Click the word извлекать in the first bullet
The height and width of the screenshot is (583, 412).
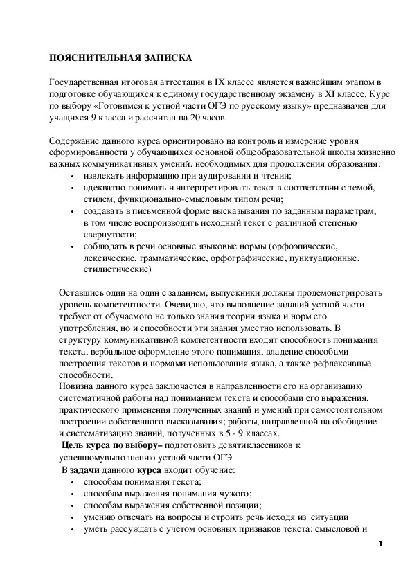(x=102, y=177)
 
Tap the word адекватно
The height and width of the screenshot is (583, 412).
(x=105, y=188)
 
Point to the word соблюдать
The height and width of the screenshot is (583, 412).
(x=105, y=246)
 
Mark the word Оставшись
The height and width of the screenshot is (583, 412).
(x=81, y=292)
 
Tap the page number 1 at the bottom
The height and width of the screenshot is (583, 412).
(x=381, y=544)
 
